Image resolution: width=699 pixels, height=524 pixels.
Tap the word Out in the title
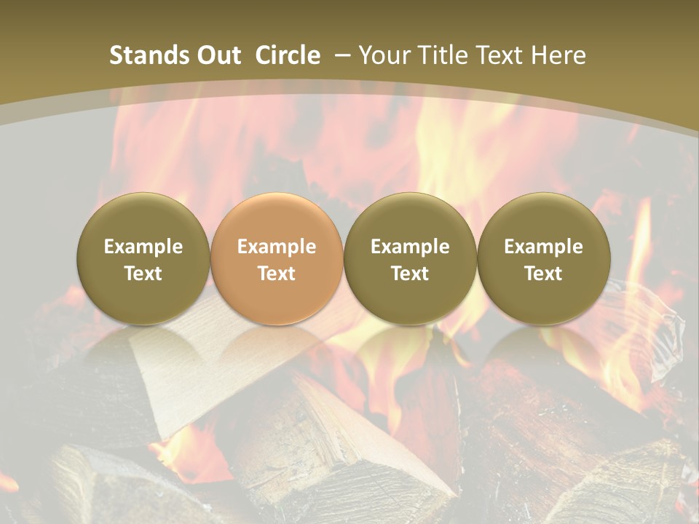[x=217, y=55]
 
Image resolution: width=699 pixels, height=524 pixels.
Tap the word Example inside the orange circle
[x=277, y=247]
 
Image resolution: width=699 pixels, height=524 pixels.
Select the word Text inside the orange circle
[x=277, y=274]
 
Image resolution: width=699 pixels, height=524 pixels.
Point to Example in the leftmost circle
[x=143, y=247]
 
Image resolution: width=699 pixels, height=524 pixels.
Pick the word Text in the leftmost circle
[x=143, y=274]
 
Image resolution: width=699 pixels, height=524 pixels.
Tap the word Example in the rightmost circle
[x=543, y=247]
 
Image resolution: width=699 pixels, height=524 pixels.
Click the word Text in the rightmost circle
[x=543, y=274]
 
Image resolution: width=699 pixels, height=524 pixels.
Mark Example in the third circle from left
[x=410, y=247]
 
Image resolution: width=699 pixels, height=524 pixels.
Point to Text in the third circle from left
[x=410, y=274]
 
